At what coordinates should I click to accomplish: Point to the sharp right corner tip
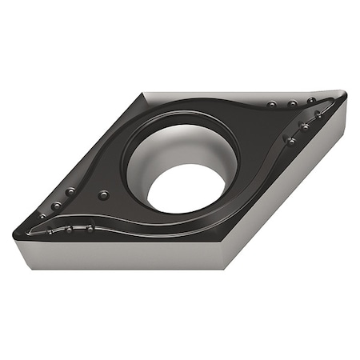tap(345, 96)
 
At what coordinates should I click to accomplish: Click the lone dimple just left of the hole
tap(102, 194)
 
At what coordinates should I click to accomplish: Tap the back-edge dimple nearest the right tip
tap(312, 101)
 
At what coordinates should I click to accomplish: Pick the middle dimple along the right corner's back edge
tap(293, 103)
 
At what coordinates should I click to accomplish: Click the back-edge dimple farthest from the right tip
tap(272, 105)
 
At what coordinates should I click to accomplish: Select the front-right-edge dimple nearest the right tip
tap(318, 114)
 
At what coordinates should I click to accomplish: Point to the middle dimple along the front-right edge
tap(305, 126)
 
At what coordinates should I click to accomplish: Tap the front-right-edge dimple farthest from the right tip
tap(290, 140)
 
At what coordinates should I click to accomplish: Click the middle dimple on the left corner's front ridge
tap(70, 229)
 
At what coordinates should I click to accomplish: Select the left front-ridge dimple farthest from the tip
tap(90, 227)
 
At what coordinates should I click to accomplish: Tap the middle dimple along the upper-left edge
tap(57, 206)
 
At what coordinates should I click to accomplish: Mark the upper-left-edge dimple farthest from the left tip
tap(70, 191)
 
